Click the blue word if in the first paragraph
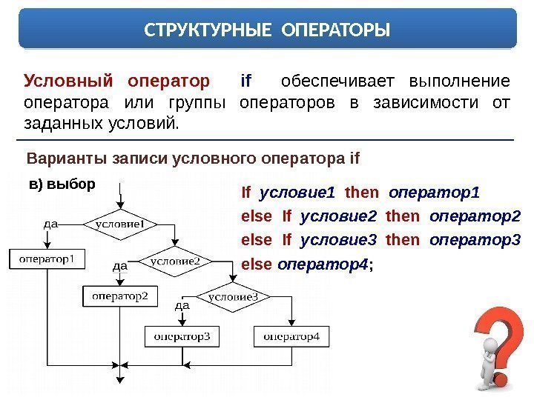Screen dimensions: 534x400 [x=247, y=80]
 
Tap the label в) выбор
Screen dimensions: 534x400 [x=62, y=184]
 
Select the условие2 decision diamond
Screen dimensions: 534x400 [x=175, y=261]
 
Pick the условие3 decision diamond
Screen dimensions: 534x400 [x=232, y=297]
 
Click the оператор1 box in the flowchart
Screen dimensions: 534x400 [x=46, y=259]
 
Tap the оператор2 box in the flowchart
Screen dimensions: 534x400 [x=119, y=296]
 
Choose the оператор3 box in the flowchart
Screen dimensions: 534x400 [x=182, y=336]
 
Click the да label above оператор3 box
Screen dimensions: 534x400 [x=182, y=304]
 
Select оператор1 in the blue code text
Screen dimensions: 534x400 [x=434, y=194]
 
